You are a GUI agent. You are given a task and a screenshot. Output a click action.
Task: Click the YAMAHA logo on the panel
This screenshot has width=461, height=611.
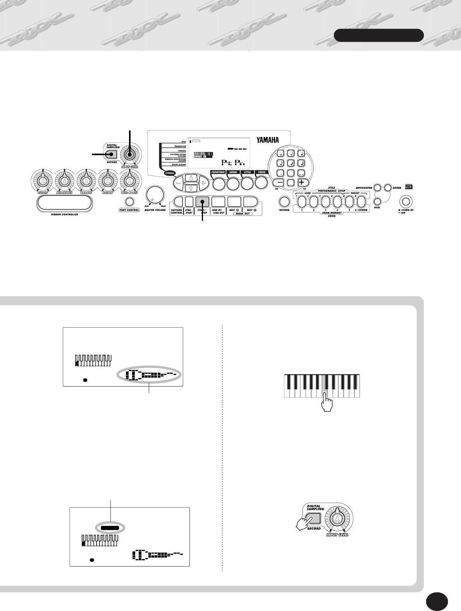[x=267, y=140]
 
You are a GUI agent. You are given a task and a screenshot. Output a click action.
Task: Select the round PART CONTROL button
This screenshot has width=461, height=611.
[x=129, y=202]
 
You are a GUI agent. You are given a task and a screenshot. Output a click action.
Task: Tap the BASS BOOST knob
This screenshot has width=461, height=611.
[x=129, y=179]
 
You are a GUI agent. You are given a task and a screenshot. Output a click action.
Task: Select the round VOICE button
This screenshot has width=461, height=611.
[x=261, y=183]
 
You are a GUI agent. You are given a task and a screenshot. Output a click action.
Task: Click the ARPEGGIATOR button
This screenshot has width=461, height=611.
[x=377, y=188]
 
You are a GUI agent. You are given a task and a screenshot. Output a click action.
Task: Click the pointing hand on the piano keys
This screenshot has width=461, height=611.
[x=327, y=404]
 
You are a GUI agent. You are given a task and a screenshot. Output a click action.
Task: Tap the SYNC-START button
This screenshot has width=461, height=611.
[x=189, y=201]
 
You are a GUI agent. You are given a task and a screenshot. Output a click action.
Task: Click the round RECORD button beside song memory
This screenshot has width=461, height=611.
[x=284, y=202]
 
